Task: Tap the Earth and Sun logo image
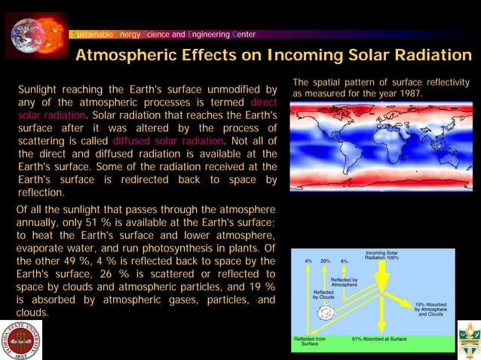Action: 36,34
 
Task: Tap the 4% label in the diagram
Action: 308,261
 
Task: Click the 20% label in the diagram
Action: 325,261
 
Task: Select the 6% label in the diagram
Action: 344,261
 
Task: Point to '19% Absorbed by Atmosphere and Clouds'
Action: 430,308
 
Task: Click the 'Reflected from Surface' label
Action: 309,342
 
